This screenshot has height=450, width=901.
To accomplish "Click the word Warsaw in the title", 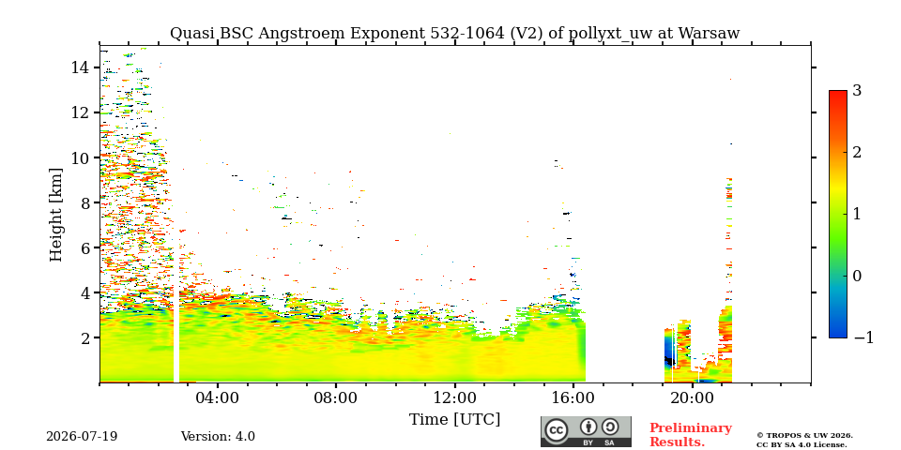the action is (x=709, y=34).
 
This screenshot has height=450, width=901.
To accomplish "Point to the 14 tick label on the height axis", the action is (x=79, y=67).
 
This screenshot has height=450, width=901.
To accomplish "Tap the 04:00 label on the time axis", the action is (x=218, y=397).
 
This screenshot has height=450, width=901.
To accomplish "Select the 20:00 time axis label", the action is (x=692, y=397).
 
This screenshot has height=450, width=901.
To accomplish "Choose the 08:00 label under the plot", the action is (x=336, y=397).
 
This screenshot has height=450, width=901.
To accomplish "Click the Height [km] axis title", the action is (x=55, y=215).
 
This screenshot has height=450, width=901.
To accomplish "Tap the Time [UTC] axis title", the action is (x=454, y=420).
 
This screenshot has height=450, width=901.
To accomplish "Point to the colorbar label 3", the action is (x=857, y=90).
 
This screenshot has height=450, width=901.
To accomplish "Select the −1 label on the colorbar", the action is (x=863, y=337).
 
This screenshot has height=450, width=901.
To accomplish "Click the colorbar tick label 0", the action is (x=857, y=276).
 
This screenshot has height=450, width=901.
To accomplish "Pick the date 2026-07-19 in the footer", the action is (x=82, y=437).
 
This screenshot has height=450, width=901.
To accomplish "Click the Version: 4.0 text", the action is (x=218, y=437).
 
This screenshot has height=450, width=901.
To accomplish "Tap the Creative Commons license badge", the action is (x=586, y=431).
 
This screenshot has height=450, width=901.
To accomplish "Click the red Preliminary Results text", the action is (x=691, y=435).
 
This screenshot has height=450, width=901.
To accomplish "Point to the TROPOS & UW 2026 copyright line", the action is (x=804, y=436).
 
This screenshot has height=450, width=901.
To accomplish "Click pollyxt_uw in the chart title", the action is (x=612, y=34).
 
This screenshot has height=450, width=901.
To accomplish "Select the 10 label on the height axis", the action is (x=79, y=157).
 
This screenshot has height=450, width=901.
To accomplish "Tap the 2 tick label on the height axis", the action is (x=84, y=337).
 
